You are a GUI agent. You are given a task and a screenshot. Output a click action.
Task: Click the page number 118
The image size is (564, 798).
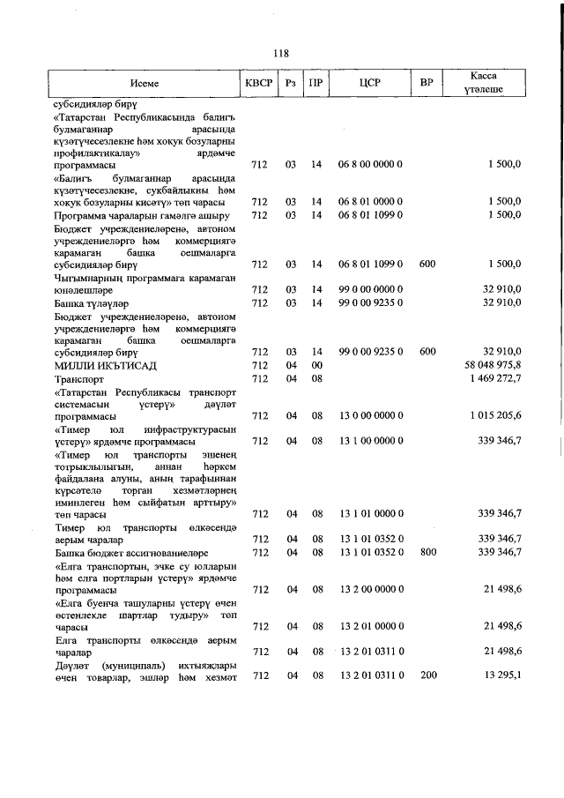coord(281,53)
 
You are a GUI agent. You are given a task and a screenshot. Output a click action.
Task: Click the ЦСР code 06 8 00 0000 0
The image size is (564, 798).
coord(371,164)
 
